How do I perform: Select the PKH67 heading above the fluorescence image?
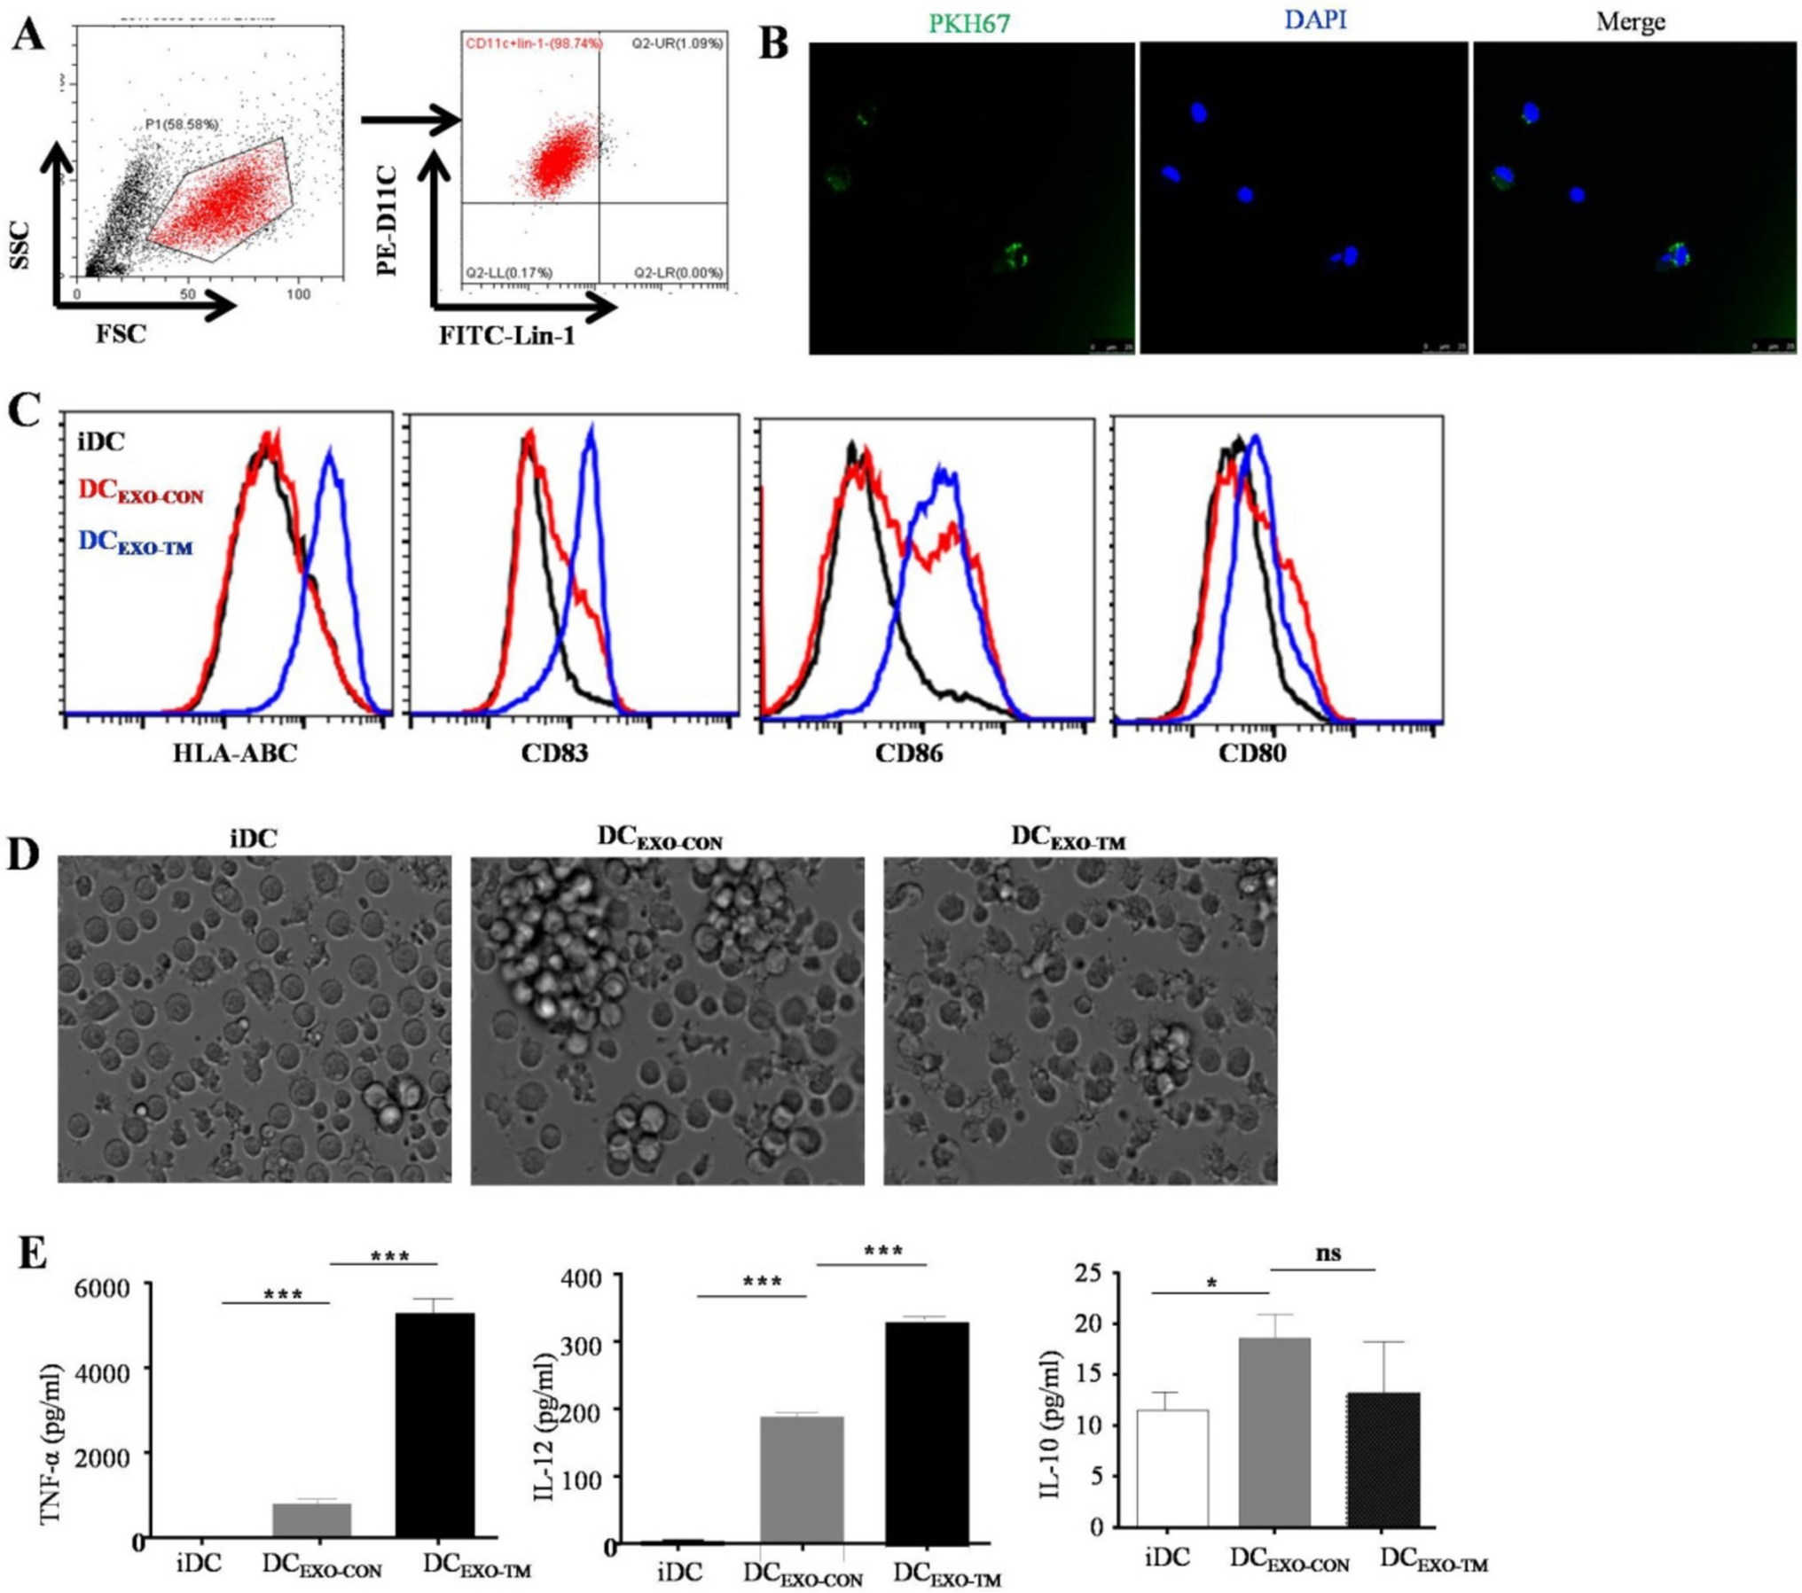[x=968, y=24]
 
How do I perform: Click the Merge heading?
[x=1630, y=22]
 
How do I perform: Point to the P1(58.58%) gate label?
[x=182, y=125]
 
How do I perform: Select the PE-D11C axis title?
[x=388, y=220]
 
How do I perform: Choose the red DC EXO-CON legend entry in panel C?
[x=141, y=491]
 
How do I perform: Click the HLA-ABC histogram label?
[x=235, y=754]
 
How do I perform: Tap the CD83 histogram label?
[x=554, y=754]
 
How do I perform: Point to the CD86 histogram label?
[x=909, y=754]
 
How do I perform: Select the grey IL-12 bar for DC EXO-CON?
[x=802, y=1480]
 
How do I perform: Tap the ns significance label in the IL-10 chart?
[x=1328, y=1253]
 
